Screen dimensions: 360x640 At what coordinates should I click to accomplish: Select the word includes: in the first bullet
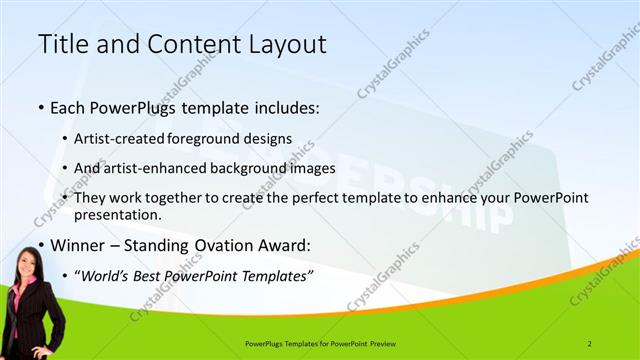click(281, 105)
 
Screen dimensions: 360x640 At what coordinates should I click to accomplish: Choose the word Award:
click(283, 244)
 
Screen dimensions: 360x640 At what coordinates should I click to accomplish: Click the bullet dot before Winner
click(39, 245)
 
